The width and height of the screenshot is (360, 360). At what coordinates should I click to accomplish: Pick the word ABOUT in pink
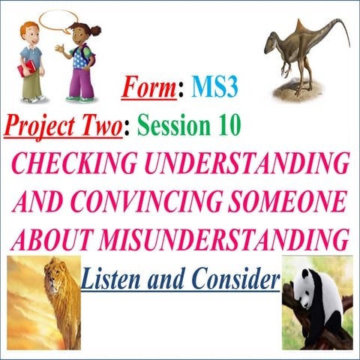coord(49,239)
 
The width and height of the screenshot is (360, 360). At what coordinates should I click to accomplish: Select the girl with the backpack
coord(79,60)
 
